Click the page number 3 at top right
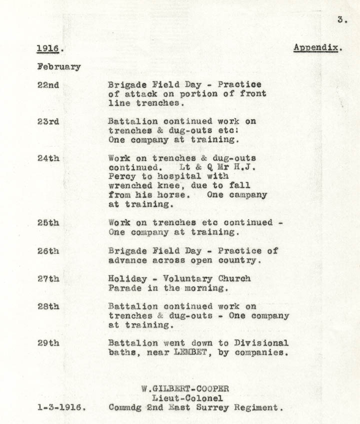coord(341,20)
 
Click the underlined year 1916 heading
coord(50,48)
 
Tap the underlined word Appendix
coord(317,48)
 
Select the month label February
coord(58,66)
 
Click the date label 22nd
coord(48,85)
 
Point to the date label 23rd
coord(48,121)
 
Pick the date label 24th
coord(48,158)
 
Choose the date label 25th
coord(48,223)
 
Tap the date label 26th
coord(48,251)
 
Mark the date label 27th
coord(48,279)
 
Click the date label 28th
coord(48,307)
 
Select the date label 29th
coord(48,343)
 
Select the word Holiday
coord(127,279)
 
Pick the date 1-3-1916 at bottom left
coord(61,408)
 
